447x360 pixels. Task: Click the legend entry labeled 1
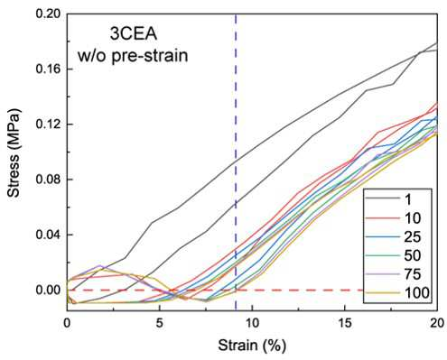388,198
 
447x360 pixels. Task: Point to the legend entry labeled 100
397,292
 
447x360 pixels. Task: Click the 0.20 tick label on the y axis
48,14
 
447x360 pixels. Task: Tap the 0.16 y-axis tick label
48,69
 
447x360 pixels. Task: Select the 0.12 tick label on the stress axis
48,125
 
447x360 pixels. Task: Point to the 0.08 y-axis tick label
48,180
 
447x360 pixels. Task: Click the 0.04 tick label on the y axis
48,235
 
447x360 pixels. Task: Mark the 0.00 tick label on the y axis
48,290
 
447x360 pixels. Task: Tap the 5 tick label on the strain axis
160,323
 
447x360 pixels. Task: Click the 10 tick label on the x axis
252,323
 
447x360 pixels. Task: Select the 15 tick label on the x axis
345,323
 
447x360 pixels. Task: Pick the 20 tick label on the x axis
437,323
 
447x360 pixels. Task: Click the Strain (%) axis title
252,346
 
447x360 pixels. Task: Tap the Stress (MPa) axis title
14,152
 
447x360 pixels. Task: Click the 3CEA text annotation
134,34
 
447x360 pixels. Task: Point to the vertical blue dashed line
236,162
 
